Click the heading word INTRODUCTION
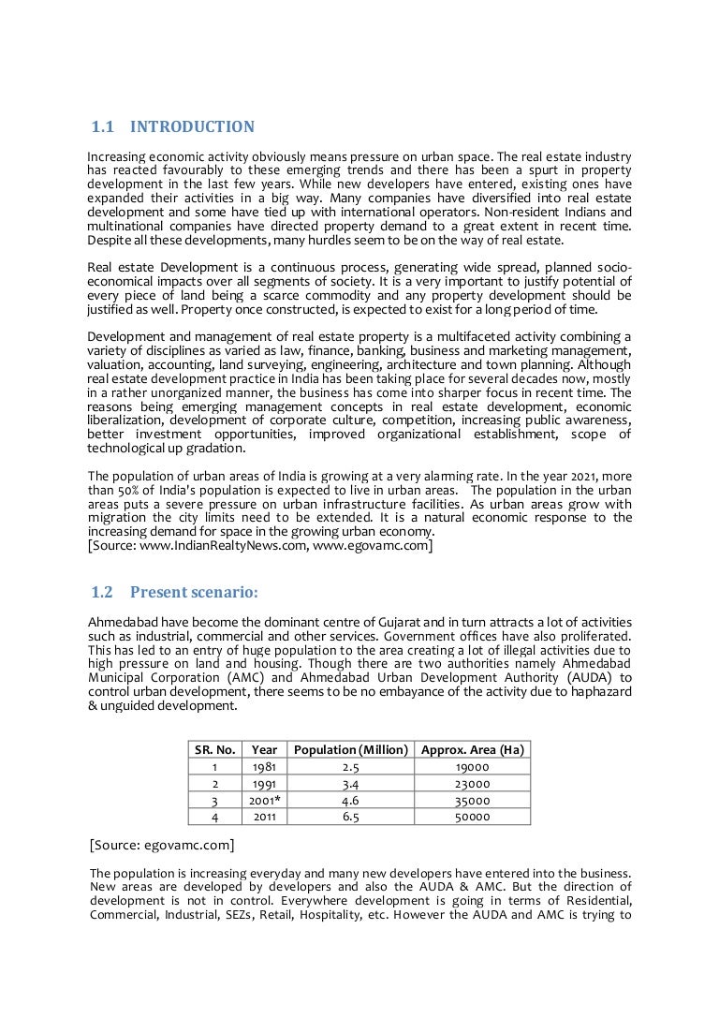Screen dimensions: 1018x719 192,127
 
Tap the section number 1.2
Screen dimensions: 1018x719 102,592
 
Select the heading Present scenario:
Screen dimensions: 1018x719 194,592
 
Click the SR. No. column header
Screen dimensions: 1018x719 214,749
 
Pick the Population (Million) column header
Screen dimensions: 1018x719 351,749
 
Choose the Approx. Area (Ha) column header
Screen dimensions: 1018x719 472,749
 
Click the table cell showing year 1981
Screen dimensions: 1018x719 265,767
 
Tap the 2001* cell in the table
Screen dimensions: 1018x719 265,801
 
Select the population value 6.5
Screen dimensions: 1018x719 351,817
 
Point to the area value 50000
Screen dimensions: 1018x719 472,817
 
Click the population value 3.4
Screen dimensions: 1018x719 351,784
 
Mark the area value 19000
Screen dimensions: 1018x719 472,767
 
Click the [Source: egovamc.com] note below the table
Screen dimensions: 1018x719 161,846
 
